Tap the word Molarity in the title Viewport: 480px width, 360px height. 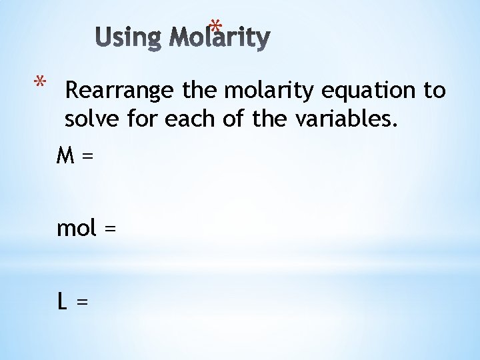pyautogui.click(x=219, y=38)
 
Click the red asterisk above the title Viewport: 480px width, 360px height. pyautogui.click(x=215, y=27)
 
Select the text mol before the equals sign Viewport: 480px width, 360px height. pyautogui.click(x=77, y=228)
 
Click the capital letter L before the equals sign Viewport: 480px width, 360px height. pyautogui.click(x=62, y=301)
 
